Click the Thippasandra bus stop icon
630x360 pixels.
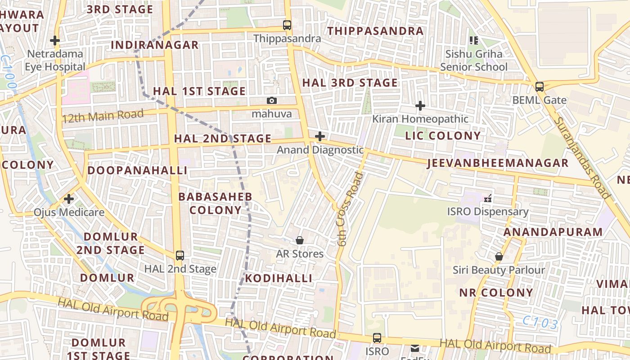coord(287,25)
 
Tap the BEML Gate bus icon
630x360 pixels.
coord(539,87)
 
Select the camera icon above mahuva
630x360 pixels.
coord(271,100)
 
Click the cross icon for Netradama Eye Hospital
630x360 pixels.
coord(55,40)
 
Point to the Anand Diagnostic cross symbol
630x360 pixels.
coord(320,136)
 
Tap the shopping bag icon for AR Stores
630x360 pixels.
coord(300,240)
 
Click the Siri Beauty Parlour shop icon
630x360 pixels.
coord(499,256)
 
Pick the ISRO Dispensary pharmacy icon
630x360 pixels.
coord(487,198)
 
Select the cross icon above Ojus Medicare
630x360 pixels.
coord(69,198)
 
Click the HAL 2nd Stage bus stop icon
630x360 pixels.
coord(180,256)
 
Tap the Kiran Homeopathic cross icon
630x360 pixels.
coord(420,106)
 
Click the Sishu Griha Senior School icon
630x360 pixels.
coord(473,40)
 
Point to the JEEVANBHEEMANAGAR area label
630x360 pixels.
coord(498,163)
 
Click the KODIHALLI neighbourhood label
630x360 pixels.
coord(278,278)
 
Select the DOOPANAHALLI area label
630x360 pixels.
coord(137,170)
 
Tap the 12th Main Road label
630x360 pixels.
coord(103,116)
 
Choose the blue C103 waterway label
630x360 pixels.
coord(540,323)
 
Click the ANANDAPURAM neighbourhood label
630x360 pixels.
coord(553,232)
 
